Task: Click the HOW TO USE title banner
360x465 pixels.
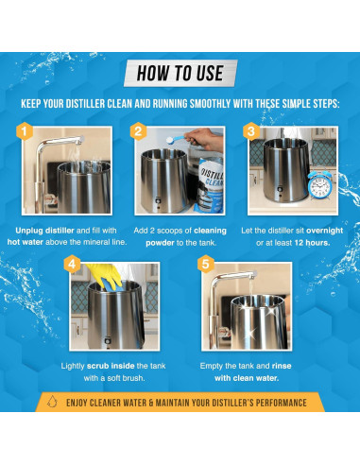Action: click(180, 73)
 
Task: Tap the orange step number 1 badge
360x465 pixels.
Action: click(25, 131)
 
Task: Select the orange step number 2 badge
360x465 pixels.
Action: click(138, 131)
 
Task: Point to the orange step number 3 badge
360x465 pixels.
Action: click(251, 131)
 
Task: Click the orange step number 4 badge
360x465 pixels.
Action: click(72, 264)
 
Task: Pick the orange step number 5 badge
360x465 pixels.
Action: click(205, 264)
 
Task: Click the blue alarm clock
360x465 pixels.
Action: click(319, 183)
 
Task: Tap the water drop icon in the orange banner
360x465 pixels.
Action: click(52, 402)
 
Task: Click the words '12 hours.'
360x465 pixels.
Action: click(312, 243)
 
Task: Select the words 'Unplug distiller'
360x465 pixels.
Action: click(44, 231)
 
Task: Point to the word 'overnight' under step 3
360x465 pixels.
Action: click(324, 231)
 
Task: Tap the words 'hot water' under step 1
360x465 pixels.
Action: click(26, 242)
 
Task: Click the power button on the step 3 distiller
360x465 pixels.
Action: click(280, 190)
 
